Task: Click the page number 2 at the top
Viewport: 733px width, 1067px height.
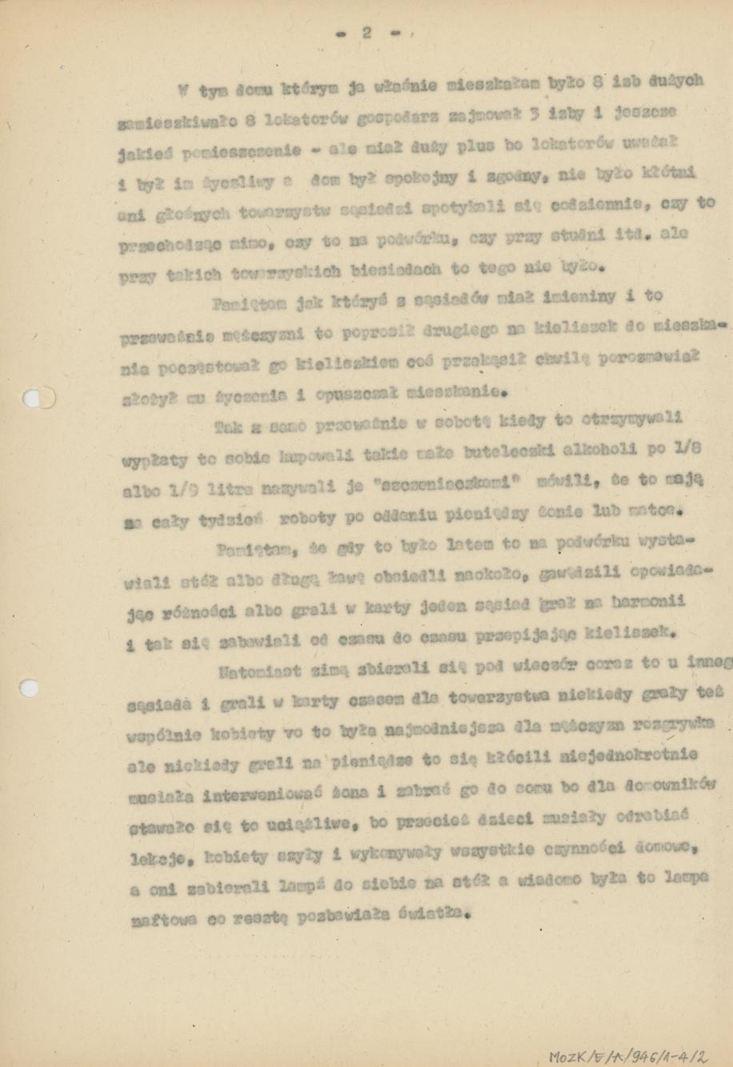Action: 366,33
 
